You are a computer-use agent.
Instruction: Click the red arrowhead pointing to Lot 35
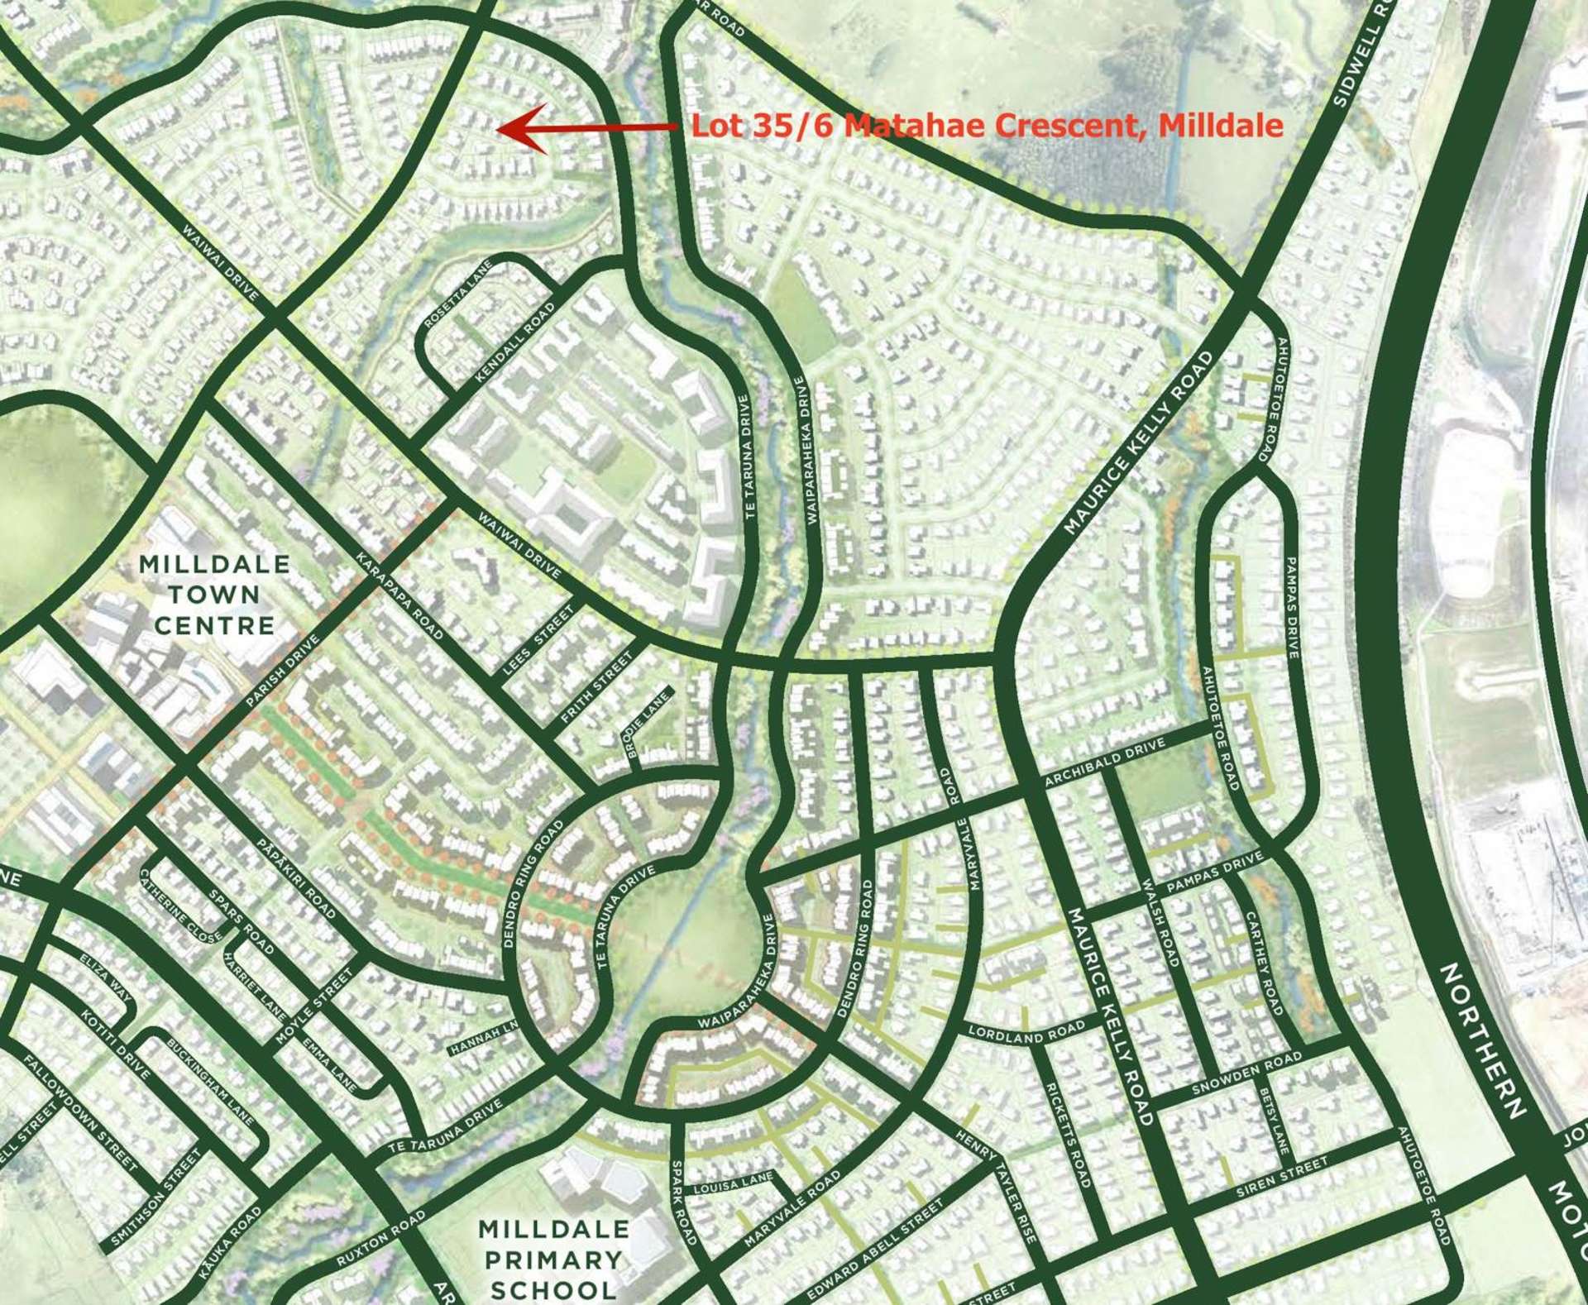click(518, 128)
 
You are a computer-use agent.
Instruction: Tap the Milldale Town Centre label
click(214, 595)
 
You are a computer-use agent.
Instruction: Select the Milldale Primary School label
click(553, 1259)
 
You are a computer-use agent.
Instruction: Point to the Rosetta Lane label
click(457, 294)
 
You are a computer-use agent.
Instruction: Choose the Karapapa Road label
click(400, 595)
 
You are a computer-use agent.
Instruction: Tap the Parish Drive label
click(282, 671)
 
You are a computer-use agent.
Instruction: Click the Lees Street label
click(538, 639)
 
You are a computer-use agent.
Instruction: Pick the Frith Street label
click(596, 687)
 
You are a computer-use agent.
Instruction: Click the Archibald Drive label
click(1104, 762)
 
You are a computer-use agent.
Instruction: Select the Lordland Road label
click(1026, 1030)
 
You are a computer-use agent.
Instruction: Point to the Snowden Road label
click(1246, 1073)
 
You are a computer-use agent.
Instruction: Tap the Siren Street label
click(1282, 1178)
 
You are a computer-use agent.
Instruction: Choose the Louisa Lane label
click(733, 1183)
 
